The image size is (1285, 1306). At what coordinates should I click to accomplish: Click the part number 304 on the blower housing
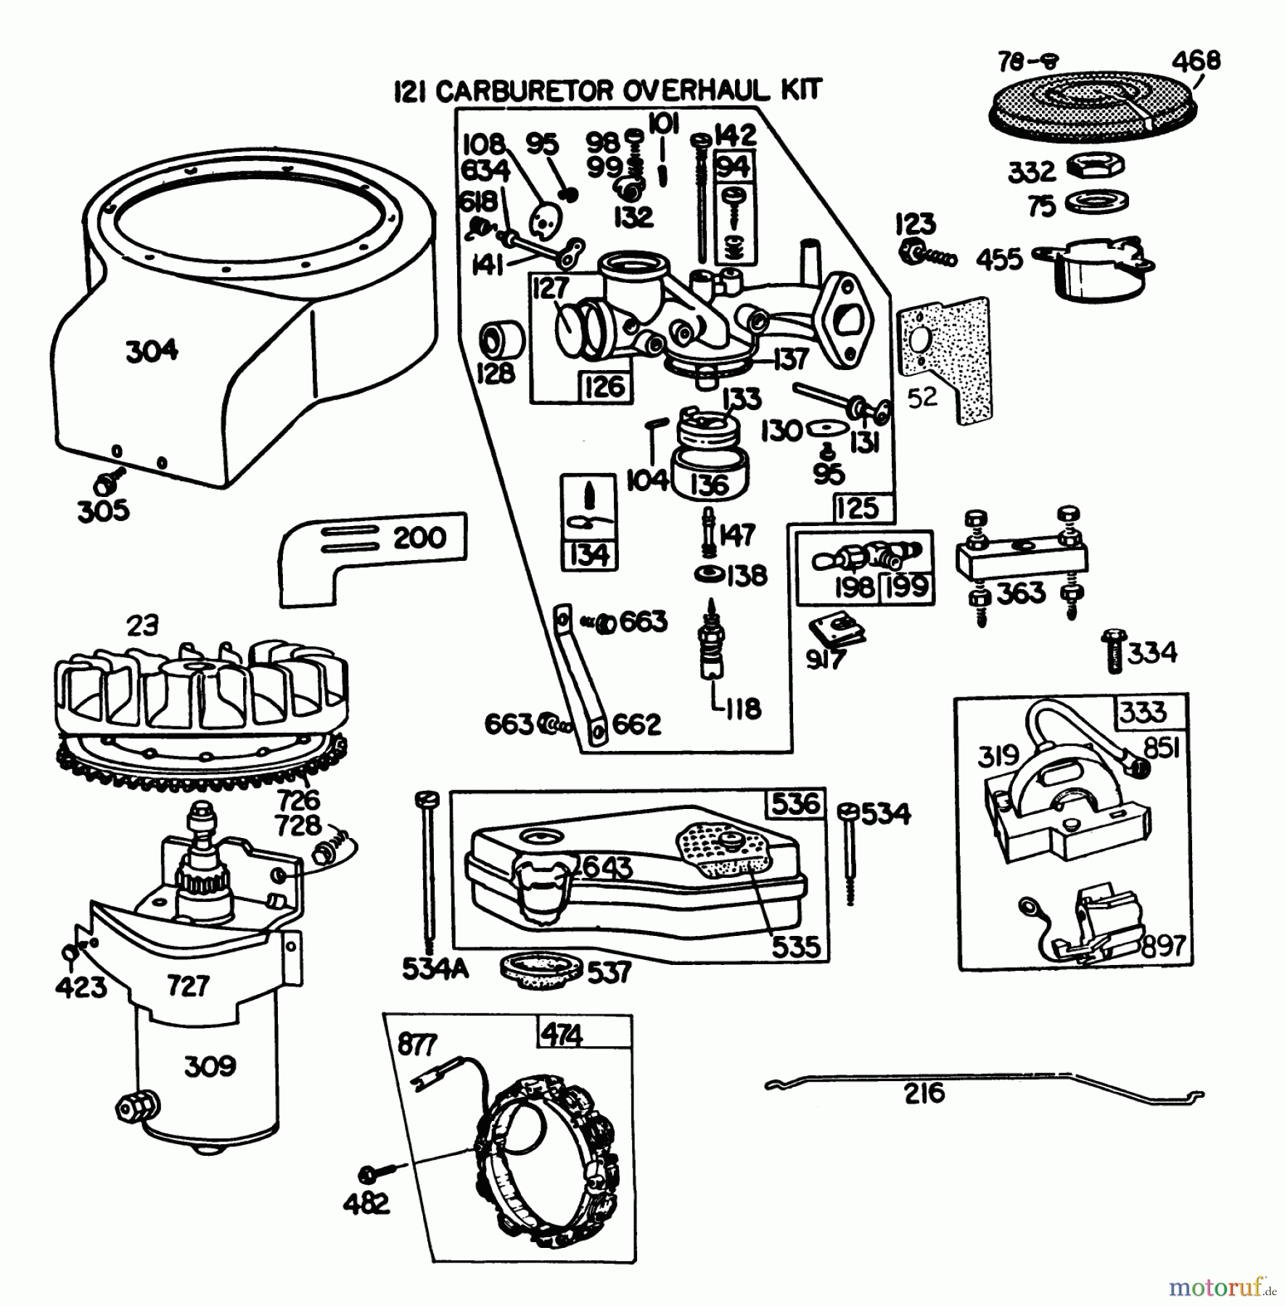click(152, 351)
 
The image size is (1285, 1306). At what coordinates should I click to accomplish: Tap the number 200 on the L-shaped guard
click(419, 538)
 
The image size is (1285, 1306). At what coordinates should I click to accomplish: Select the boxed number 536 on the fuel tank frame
click(796, 804)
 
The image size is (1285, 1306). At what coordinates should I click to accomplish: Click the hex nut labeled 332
click(1096, 165)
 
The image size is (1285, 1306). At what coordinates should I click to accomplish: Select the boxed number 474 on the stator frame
click(562, 1034)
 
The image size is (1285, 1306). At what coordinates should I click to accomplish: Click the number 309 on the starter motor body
click(210, 1066)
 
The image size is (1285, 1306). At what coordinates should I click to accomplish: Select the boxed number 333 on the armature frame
click(1143, 712)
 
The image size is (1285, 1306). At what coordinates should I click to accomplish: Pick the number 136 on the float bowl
click(709, 485)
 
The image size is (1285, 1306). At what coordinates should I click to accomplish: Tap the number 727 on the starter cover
click(188, 985)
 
